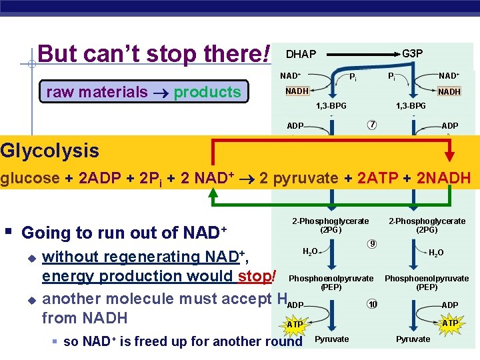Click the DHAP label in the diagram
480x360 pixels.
pos(301,53)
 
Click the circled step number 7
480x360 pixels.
pos(372,125)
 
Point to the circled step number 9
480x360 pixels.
pos(372,243)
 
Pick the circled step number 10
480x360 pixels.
pos(372,305)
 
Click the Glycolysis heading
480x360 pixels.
pos(50,151)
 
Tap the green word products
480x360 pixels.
pos(207,92)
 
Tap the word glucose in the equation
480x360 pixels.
pos(27,179)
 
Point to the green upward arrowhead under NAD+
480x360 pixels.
pos(213,193)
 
